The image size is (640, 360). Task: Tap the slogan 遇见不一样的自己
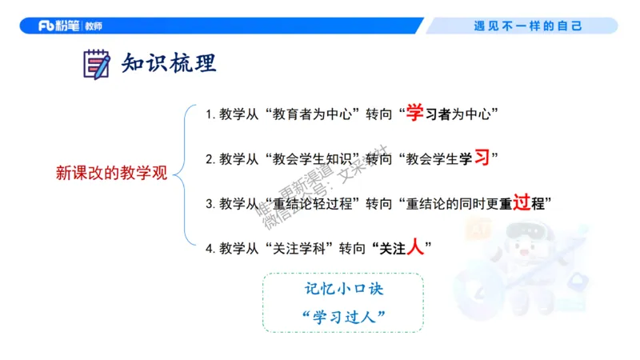pos(527,26)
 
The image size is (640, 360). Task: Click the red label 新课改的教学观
pos(111,173)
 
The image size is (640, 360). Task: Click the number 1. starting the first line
pos(210,114)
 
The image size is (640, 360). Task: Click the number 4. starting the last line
pos(210,249)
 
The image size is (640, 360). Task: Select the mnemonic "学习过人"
pos(342,316)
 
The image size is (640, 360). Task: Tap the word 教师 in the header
pos(93,26)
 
